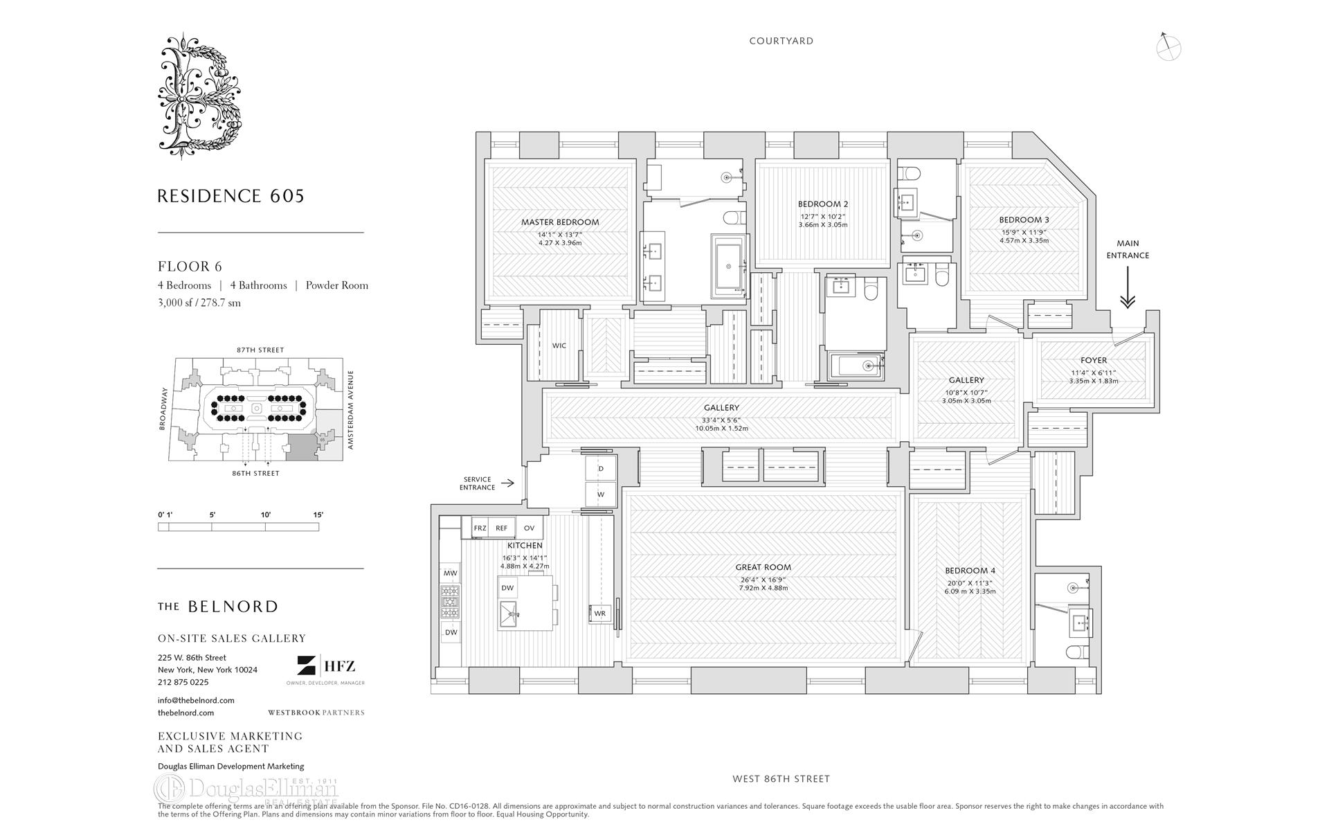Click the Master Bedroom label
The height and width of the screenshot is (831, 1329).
click(x=560, y=222)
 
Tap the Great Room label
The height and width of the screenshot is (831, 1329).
click(x=763, y=567)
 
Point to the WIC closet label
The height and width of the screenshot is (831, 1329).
click(x=559, y=346)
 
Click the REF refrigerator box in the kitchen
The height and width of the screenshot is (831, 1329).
click(x=501, y=528)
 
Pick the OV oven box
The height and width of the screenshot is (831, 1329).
click(x=530, y=528)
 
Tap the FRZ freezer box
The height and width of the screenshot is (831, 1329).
click(x=480, y=528)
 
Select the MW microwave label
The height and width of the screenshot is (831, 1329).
click(x=450, y=573)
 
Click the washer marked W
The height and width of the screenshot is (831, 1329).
click(x=601, y=494)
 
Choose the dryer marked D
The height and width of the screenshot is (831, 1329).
click(x=601, y=469)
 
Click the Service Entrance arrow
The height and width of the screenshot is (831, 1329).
click(x=507, y=483)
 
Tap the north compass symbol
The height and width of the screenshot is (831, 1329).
click(x=1168, y=47)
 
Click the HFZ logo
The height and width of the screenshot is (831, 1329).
click(x=326, y=666)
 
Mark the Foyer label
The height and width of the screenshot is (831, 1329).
click(x=1093, y=360)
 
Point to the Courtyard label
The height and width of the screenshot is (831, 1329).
click(x=781, y=41)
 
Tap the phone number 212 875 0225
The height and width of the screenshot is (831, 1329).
click(x=183, y=682)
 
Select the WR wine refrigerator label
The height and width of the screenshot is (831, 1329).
click(x=599, y=614)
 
